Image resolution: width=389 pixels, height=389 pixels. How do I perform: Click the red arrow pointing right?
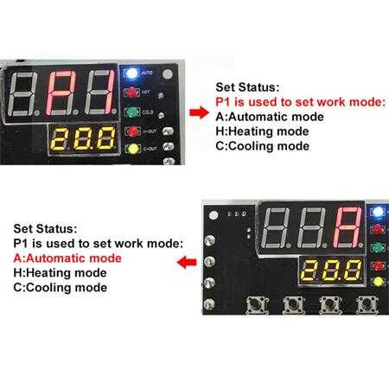(199, 112)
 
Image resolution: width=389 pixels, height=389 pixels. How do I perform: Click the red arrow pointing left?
(187, 262)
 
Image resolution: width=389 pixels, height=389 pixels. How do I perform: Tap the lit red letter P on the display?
(61, 92)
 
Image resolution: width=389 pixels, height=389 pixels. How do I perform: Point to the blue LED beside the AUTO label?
(131, 73)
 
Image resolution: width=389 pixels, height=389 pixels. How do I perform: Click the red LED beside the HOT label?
(131, 92)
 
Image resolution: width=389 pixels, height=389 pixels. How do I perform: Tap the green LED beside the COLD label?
(132, 112)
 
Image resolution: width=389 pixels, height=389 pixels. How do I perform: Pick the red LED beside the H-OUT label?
(133, 131)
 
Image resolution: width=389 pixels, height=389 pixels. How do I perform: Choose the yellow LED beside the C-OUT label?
(133, 149)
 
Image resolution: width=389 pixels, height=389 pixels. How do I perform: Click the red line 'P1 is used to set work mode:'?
(301, 102)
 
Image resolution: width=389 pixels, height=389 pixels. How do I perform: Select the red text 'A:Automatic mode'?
(67, 258)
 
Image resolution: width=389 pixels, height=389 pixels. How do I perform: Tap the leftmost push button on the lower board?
(257, 305)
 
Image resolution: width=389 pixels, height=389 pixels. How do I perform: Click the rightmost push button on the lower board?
(367, 305)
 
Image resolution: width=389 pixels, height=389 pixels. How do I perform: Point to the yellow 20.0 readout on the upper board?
(83, 138)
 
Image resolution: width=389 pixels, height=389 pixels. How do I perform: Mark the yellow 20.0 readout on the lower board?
(331, 271)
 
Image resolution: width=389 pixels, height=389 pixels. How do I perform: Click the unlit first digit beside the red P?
(22, 93)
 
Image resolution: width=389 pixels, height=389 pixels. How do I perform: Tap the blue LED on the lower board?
(377, 212)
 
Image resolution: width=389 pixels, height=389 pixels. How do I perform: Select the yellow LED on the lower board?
(378, 282)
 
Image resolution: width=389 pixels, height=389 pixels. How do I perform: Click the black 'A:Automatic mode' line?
(270, 117)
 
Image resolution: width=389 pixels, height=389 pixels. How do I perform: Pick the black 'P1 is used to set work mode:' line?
(99, 244)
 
